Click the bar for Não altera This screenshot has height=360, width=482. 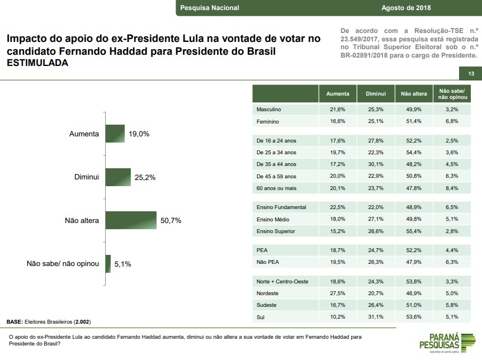[x=131, y=220]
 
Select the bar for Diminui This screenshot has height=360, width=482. [x=118, y=177]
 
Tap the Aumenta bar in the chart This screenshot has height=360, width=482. [x=115, y=134]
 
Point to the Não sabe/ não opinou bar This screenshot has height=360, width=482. [x=108, y=263]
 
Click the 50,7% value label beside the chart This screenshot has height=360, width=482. [x=171, y=220]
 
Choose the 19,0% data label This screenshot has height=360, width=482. [x=140, y=134]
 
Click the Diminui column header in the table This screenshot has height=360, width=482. [x=376, y=94]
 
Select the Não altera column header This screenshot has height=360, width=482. [x=414, y=94]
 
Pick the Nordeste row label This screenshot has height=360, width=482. [x=268, y=293]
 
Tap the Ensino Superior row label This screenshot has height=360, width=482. [x=276, y=231]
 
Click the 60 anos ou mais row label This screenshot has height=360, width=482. [x=276, y=188]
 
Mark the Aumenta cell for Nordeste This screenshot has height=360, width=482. [x=338, y=293]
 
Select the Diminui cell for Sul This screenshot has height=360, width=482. [x=376, y=317]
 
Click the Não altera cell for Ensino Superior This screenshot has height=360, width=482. [x=414, y=231]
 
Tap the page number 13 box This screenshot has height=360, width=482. [x=471, y=74]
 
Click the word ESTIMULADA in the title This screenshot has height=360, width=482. [x=37, y=63]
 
